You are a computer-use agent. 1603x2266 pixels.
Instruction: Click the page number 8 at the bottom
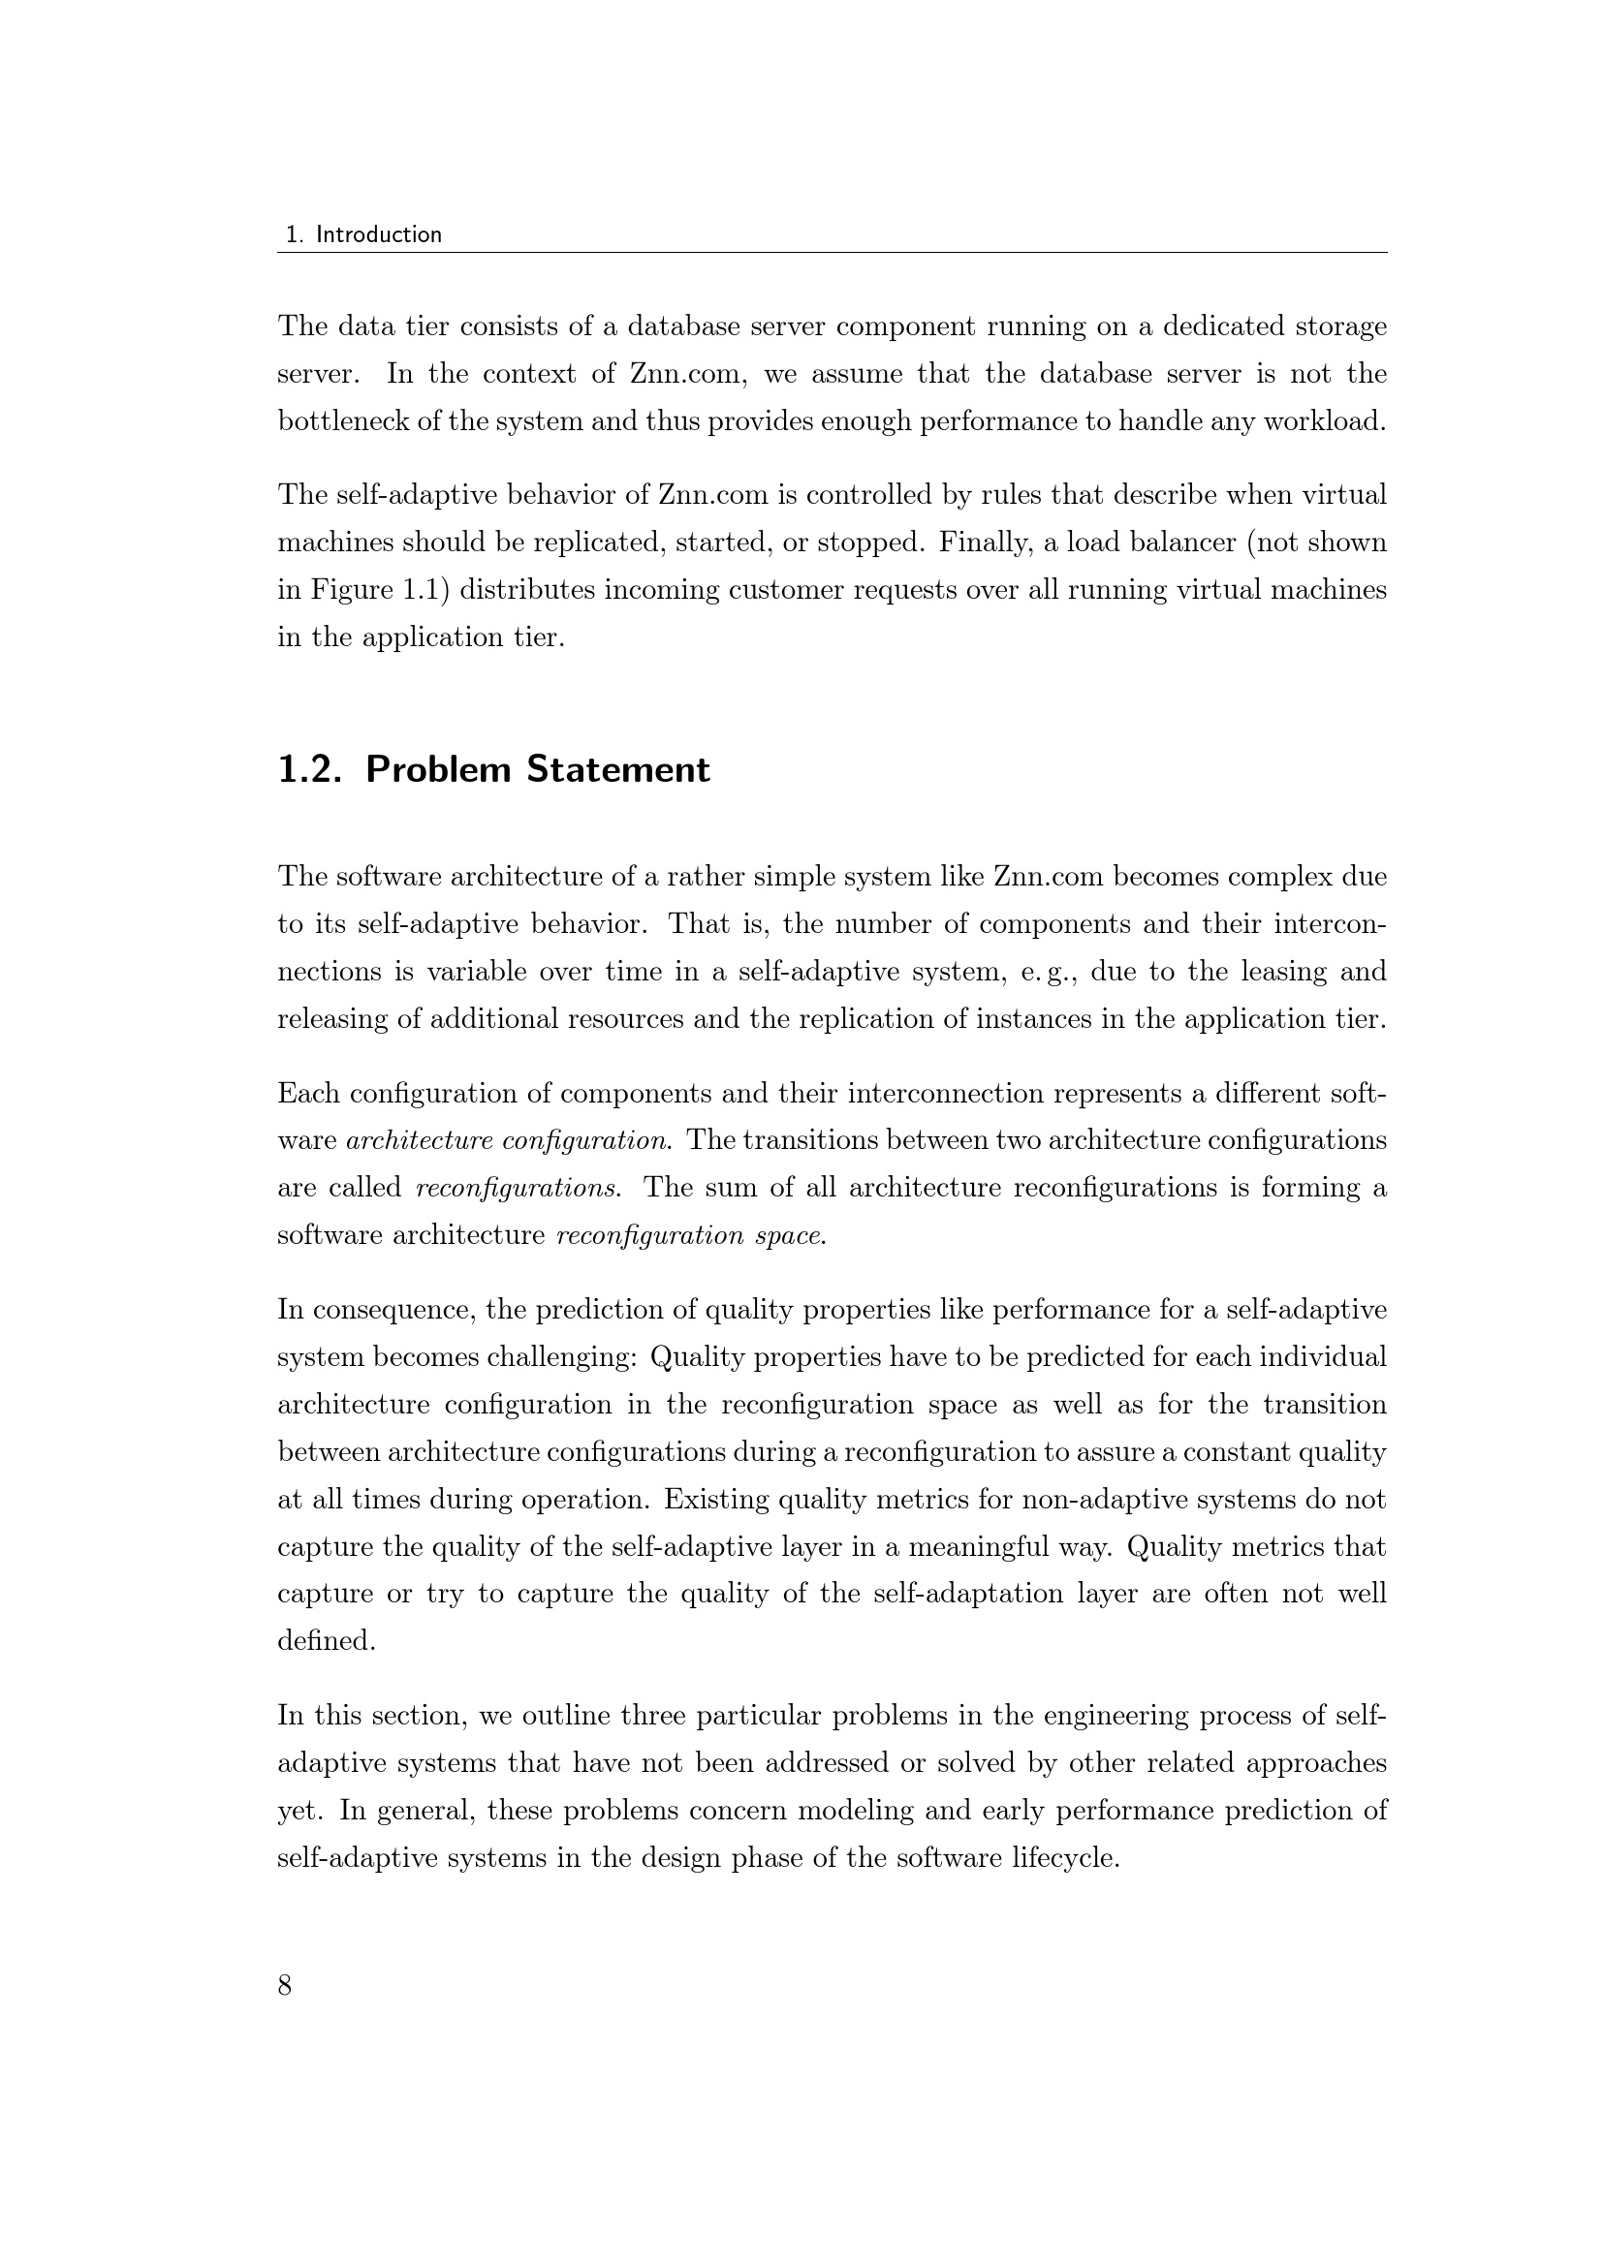point(285,1985)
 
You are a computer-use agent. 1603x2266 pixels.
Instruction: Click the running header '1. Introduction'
point(363,234)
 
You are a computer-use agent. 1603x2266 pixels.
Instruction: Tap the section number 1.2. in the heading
point(309,770)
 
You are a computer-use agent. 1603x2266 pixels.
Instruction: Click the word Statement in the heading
point(618,770)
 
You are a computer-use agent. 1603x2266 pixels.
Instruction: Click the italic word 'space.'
point(790,1235)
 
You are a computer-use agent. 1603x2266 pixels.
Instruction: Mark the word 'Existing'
point(716,1499)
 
